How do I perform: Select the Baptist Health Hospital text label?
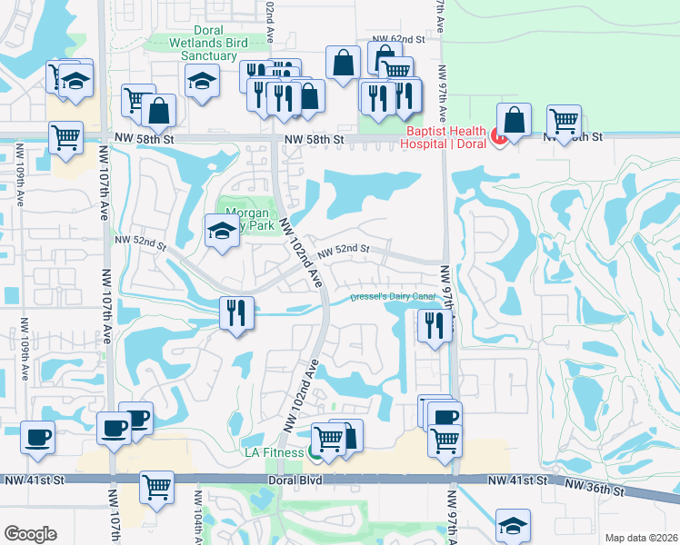click(446, 136)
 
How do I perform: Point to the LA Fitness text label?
click(275, 451)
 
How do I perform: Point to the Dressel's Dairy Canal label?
click(395, 297)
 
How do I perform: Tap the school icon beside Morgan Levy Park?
click(221, 231)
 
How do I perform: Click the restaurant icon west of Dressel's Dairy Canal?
click(235, 313)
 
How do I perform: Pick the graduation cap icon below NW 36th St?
click(513, 525)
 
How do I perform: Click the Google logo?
click(30, 534)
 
